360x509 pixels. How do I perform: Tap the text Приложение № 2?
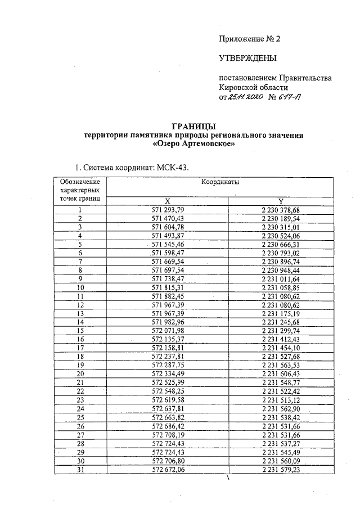coord(249,39)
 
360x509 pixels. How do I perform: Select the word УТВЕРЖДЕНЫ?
coord(247,58)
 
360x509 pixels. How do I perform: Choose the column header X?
coord(167,201)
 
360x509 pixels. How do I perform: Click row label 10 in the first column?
coord(80,287)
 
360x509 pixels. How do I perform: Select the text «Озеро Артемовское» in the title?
coord(193,144)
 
